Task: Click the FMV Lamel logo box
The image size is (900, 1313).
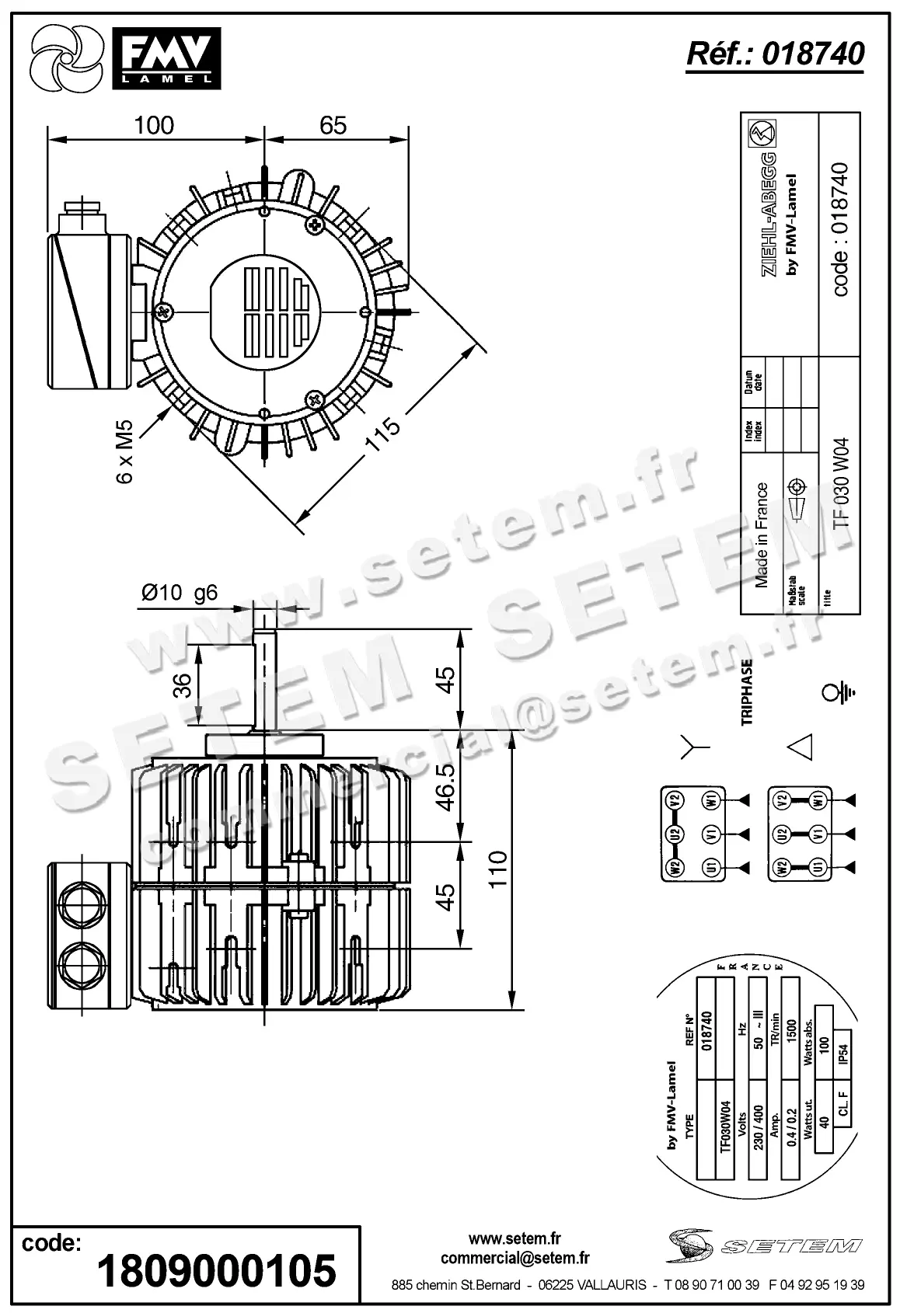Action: pyautogui.click(x=167, y=57)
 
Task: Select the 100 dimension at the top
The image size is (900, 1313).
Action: pyautogui.click(x=154, y=125)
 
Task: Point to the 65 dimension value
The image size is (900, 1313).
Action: pyautogui.click(x=333, y=125)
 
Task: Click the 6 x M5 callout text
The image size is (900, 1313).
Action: pyautogui.click(x=125, y=451)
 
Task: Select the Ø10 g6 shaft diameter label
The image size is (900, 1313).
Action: pyautogui.click(x=180, y=593)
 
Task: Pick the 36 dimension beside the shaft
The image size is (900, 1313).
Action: pyautogui.click(x=182, y=684)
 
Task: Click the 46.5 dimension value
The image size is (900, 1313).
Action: pyautogui.click(x=445, y=786)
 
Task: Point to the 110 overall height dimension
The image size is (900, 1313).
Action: pyautogui.click(x=497, y=870)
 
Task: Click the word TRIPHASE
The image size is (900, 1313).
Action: pyautogui.click(x=748, y=692)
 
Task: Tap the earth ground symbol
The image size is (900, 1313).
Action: pyautogui.click(x=839, y=691)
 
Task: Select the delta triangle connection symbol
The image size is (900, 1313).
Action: pyautogui.click(x=801, y=747)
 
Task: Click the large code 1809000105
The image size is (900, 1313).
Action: pyautogui.click(x=216, y=1270)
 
